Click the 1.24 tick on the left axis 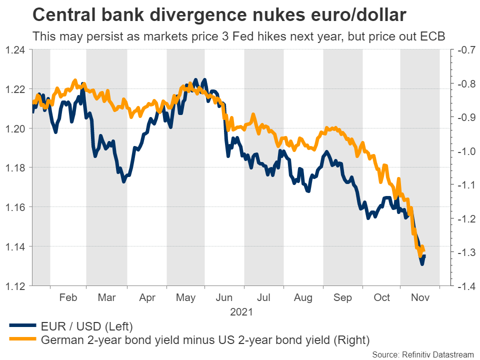[x=15, y=49]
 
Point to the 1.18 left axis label [x=15, y=167]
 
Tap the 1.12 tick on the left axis [x=15, y=285]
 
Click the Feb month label [x=68, y=298]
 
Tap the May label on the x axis [x=186, y=298]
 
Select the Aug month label [x=303, y=298]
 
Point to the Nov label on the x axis [x=420, y=298]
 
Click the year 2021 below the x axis [x=241, y=312]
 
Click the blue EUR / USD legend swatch [x=22, y=327]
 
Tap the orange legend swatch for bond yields [x=22, y=340]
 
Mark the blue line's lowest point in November [x=422, y=264]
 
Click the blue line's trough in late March [x=123, y=181]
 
